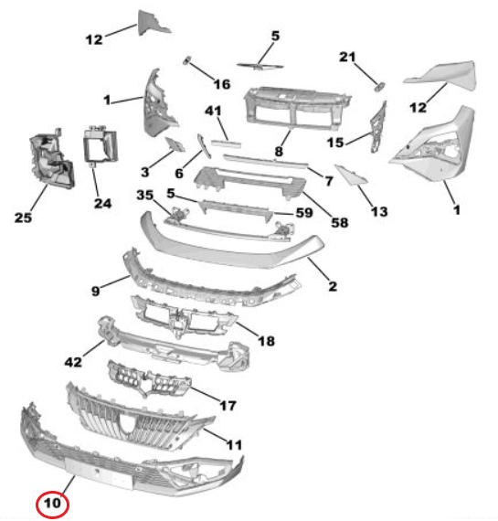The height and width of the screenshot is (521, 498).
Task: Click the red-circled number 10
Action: coord(52,504)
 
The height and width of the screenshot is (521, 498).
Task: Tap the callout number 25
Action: coord(23,218)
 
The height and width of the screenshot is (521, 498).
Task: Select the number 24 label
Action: coord(102,203)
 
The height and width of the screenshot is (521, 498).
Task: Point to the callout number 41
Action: coord(213,111)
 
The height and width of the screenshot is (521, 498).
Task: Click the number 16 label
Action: coord(222,84)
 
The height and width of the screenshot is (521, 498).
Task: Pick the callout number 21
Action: coord(347,57)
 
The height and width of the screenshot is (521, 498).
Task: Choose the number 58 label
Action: coord(340,223)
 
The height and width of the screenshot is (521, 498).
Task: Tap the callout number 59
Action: coord(304,213)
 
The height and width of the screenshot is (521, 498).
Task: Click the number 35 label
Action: coord(145,195)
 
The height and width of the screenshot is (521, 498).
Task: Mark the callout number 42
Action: coord(73,362)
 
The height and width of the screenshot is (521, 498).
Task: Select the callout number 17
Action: coord(228,405)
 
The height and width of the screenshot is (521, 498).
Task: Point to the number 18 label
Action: coord(267,341)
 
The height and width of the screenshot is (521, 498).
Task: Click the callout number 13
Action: coord(379,212)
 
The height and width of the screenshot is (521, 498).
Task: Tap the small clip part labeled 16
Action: coord(186,60)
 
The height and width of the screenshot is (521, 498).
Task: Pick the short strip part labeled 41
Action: coord(227,144)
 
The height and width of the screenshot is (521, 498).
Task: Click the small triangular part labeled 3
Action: coord(175,144)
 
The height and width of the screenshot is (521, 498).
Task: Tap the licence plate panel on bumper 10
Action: coord(99,473)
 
